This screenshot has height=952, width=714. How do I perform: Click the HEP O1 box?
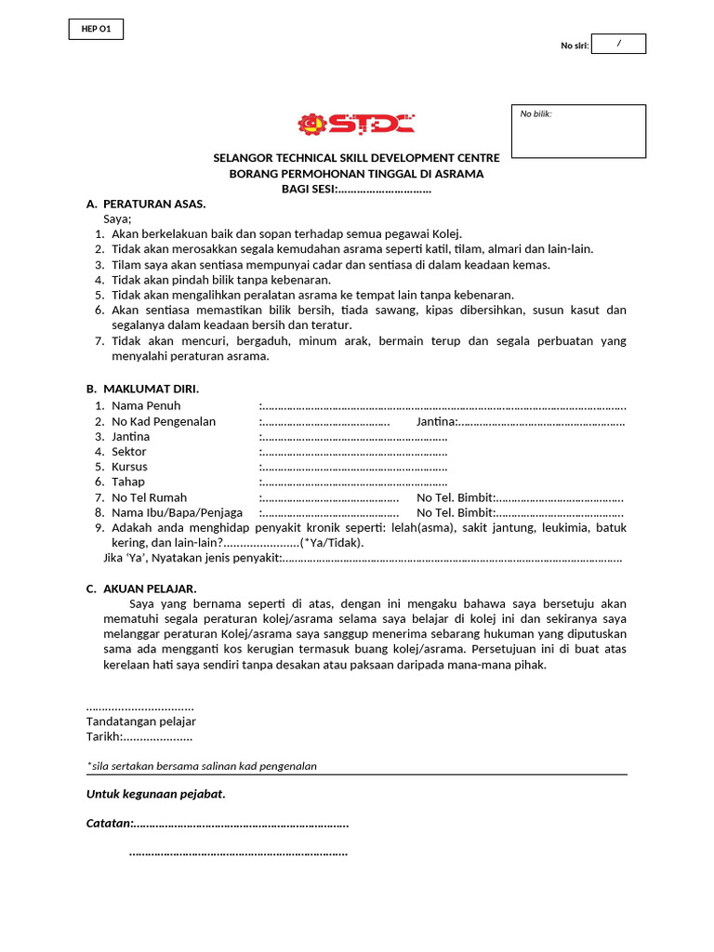[x=96, y=30]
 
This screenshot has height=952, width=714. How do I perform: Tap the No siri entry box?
[x=618, y=44]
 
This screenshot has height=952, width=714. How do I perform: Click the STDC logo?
[x=356, y=124]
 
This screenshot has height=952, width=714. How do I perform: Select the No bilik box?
[x=578, y=131]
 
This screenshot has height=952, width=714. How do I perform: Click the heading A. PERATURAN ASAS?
[x=146, y=204]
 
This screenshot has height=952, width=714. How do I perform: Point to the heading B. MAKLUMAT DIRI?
[x=142, y=388]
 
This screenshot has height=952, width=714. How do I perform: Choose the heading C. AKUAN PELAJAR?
[x=141, y=588]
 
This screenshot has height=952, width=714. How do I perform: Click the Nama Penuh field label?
[x=146, y=406]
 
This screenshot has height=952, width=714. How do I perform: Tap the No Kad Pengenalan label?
[x=164, y=421]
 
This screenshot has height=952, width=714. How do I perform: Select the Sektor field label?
[x=129, y=452]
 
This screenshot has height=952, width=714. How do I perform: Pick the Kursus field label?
[x=129, y=467]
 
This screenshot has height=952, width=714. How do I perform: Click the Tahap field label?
[x=128, y=482]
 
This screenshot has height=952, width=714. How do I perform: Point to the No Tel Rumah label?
[x=149, y=497]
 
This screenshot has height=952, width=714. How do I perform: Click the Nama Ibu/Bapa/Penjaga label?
[x=177, y=512]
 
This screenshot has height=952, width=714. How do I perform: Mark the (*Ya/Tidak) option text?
[x=332, y=543]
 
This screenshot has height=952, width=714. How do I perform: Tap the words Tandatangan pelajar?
[x=141, y=721]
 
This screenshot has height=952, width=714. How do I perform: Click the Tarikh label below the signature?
[x=104, y=736]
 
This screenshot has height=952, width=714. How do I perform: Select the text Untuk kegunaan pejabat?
[x=156, y=794]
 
